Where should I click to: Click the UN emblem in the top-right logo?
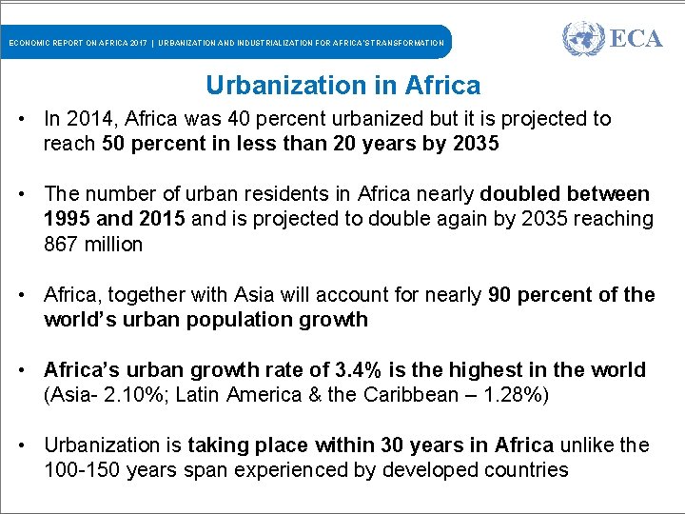coord(582,40)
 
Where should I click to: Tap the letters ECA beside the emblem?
coord(635,40)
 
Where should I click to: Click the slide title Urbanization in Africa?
coord(342,86)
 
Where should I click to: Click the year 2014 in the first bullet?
coord(88,119)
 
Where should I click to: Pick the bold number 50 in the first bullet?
coord(111,144)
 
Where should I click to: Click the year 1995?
coord(68,219)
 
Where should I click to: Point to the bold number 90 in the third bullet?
coord(501,294)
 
